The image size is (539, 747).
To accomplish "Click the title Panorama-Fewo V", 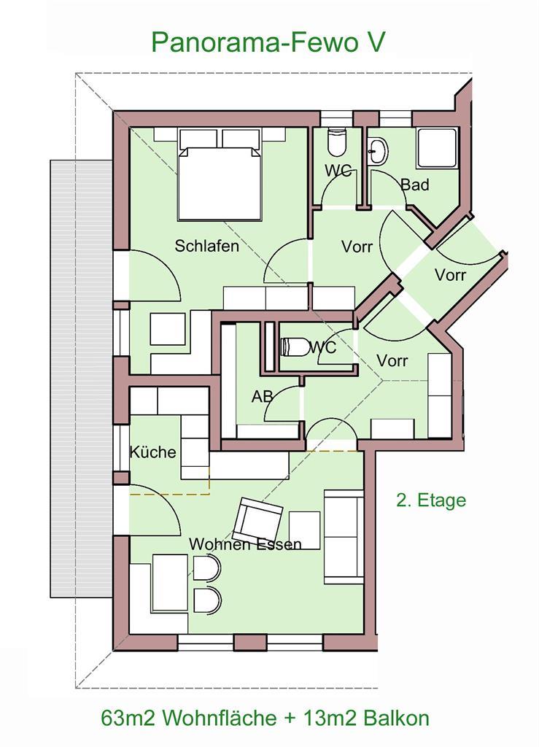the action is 268,42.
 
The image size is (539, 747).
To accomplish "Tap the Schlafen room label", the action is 206,246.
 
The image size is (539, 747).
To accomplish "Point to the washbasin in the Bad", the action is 378,151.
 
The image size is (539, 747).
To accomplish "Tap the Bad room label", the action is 415,185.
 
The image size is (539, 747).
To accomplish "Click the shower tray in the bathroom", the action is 437,148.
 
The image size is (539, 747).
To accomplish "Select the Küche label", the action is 153,452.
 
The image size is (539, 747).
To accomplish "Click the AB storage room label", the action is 263,396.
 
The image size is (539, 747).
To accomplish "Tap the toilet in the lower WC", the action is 295,347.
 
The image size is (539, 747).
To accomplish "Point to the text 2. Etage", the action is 431,500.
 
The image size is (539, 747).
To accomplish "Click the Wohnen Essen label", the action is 245,543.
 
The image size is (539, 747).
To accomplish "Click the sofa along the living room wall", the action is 344,536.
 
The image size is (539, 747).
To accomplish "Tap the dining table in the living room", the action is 170,583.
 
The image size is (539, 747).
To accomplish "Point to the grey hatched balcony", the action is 81,379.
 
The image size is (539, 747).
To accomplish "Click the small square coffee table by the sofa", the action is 304,530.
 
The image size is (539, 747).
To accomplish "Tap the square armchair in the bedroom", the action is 168,329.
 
